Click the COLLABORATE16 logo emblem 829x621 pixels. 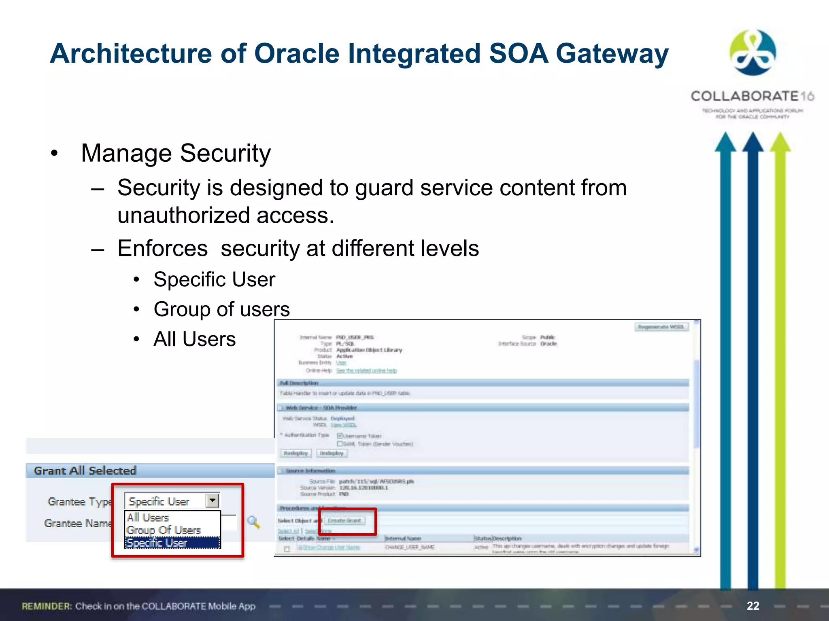point(752,53)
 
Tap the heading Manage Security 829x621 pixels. point(176,153)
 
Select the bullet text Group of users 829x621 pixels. point(221,309)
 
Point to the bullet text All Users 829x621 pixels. point(194,339)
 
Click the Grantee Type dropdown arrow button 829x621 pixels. point(213,501)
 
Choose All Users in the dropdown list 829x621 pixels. point(148,517)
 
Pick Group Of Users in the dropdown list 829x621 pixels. point(164,530)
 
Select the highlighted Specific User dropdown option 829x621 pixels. point(157,543)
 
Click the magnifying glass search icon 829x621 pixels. point(254,522)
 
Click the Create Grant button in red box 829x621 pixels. point(344,520)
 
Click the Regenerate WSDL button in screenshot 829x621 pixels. point(661,327)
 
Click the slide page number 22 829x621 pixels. point(753,606)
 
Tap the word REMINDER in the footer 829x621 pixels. point(47,606)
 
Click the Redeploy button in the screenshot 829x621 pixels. point(296,453)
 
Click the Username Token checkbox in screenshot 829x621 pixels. point(340,435)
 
